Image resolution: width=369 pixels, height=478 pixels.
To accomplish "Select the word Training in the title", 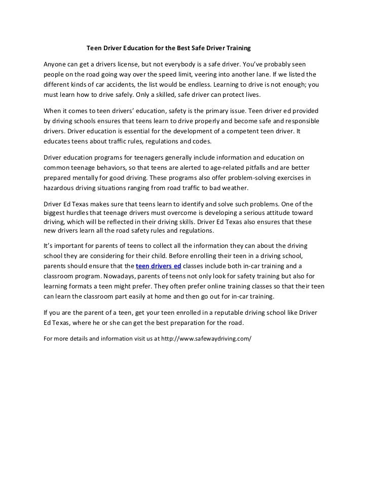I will pos(236,49).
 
